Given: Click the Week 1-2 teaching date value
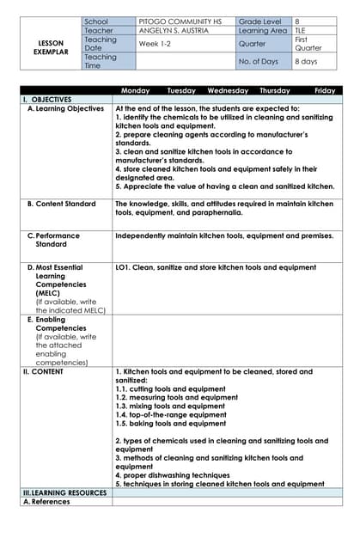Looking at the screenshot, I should (x=157, y=43).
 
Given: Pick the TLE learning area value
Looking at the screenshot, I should (x=301, y=30).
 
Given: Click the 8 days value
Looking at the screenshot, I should (x=308, y=62).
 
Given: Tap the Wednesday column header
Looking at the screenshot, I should (x=228, y=90).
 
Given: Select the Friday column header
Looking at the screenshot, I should (x=325, y=90).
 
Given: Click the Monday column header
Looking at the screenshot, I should (x=136, y=90).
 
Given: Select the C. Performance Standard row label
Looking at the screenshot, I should (x=57, y=240).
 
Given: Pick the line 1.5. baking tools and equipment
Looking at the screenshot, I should (x=171, y=423).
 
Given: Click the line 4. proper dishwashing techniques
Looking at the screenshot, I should (x=172, y=475).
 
